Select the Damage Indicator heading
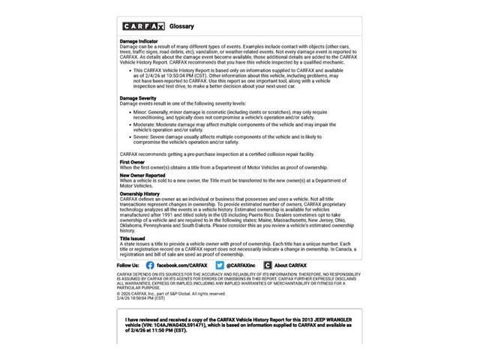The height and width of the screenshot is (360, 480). coord(139,41)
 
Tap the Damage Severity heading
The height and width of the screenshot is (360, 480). coord(138,98)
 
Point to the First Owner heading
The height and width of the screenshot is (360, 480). coord(132,162)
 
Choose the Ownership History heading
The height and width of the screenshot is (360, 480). coord(140,193)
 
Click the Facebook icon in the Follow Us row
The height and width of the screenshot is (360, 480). coord(150,265)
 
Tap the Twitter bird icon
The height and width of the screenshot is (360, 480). coord(220,265)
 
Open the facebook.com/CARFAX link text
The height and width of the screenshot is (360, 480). coord(181,265)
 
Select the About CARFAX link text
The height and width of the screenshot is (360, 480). coord(290,265)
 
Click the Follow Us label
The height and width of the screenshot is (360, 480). coord(127,265)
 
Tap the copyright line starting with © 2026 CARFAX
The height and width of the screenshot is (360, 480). coord(172,294)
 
